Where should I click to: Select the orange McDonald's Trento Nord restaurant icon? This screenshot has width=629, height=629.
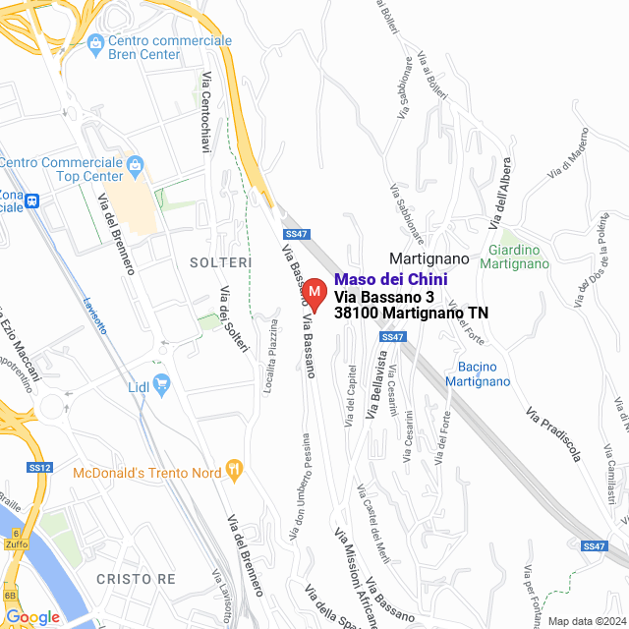(234, 470)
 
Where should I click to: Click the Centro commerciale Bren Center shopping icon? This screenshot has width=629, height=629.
(95, 42)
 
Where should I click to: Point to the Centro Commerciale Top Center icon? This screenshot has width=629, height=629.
(136, 163)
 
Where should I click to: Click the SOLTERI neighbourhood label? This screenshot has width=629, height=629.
(221, 262)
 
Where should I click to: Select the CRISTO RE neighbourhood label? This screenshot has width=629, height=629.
(136, 579)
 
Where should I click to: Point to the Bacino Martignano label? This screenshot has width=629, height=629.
(478, 374)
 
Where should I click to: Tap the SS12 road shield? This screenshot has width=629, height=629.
(39, 467)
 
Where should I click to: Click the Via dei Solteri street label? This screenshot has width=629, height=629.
(235, 318)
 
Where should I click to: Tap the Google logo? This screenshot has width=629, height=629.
(32, 616)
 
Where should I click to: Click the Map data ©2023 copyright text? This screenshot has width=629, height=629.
(585, 621)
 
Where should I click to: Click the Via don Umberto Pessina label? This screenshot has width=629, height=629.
(300, 487)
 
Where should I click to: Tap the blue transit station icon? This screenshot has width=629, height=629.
(32, 200)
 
